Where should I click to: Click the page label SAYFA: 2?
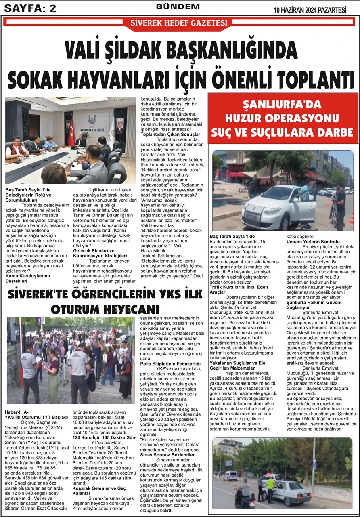coord(30,8)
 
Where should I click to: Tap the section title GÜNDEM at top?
coord(178,7)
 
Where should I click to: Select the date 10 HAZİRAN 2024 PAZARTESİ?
coord(310,10)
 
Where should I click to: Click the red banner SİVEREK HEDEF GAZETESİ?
coord(179,23)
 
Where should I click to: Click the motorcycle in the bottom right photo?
coord(243,498)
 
